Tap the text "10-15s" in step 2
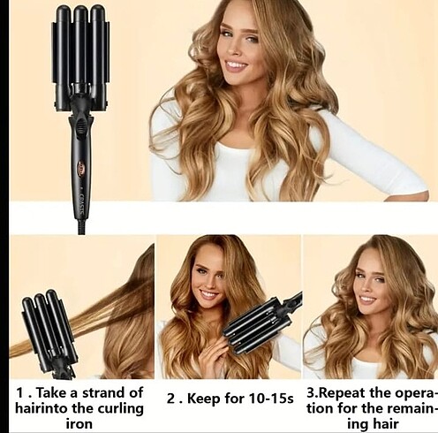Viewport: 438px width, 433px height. (x=271, y=399)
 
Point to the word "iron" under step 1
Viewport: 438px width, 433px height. (x=79, y=424)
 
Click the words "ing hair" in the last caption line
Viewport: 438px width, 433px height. (x=373, y=424)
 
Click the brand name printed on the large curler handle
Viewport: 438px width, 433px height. (x=82, y=203)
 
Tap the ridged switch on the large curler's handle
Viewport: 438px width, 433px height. (x=79, y=125)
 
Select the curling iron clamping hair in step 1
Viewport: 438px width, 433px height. (x=49, y=333)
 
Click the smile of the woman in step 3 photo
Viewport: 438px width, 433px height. (x=367, y=301)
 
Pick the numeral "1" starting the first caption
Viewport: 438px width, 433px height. (x=20, y=393)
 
